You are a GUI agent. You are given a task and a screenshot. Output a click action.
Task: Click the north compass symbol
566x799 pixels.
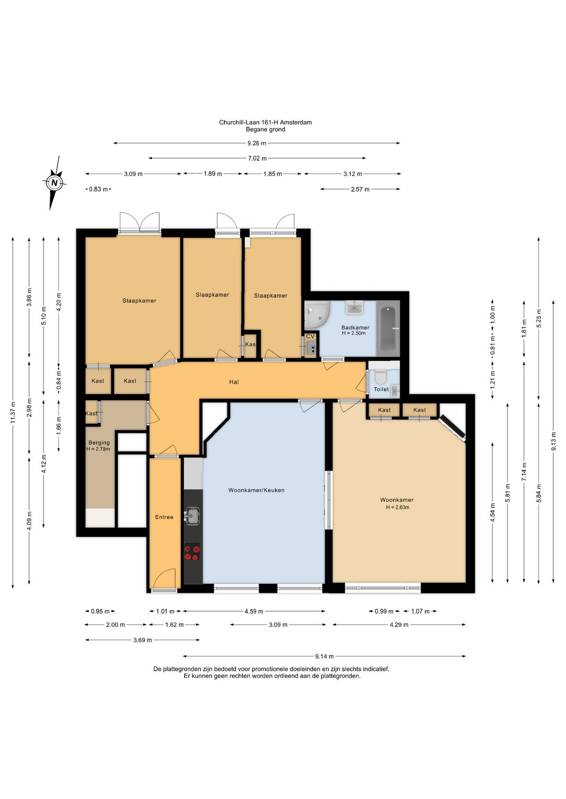pyautogui.click(x=55, y=183)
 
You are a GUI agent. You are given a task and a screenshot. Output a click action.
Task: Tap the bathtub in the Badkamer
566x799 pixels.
pyautogui.click(x=388, y=328)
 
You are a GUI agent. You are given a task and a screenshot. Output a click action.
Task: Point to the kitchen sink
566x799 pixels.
pyautogui.click(x=193, y=516)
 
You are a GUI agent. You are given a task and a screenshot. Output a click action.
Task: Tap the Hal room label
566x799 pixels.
pyautogui.click(x=234, y=382)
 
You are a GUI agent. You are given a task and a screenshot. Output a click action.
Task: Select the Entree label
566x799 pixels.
pyautogui.click(x=164, y=517)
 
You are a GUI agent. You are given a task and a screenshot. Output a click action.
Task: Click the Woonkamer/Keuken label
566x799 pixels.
pyautogui.click(x=256, y=490)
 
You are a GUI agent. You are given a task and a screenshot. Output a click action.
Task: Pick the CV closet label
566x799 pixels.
pyautogui.click(x=310, y=336)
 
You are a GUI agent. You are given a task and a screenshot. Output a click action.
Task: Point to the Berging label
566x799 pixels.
pyautogui.click(x=99, y=442)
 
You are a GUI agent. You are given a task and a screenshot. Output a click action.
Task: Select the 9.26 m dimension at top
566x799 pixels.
pyautogui.click(x=257, y=143)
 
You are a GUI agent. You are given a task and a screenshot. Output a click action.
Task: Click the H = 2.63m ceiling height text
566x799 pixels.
pyautogui.click(x=397, y=507)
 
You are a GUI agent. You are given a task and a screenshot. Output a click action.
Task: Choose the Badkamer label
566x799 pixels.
pyautogui.click(x=355, y=327)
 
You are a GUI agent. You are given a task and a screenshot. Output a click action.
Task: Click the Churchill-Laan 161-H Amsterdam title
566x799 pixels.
pyautogui.click(x=265, y=123)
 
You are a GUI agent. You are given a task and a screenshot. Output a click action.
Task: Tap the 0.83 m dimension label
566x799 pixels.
pyautogui.click(x=98, y=190)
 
